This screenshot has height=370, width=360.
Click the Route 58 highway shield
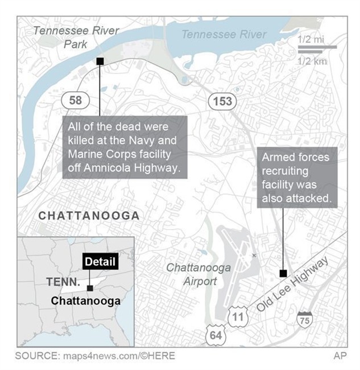point(75,101)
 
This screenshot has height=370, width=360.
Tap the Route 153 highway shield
point(222,101)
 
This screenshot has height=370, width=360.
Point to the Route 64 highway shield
point(216,335)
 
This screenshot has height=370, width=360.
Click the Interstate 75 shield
point(305,319)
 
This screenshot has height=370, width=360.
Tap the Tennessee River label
point(224,35)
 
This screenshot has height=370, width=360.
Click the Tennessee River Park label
point(76,37)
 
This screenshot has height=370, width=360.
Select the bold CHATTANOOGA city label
point(88,216)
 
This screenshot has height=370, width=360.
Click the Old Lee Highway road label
point(293,285)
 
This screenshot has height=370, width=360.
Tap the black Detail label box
point(100,262)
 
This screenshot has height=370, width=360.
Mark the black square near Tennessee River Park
point(100,61)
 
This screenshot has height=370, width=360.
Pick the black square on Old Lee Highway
point(283,273)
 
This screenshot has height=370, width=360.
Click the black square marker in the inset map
point(90,288)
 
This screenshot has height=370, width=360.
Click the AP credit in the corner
point(340,355)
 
